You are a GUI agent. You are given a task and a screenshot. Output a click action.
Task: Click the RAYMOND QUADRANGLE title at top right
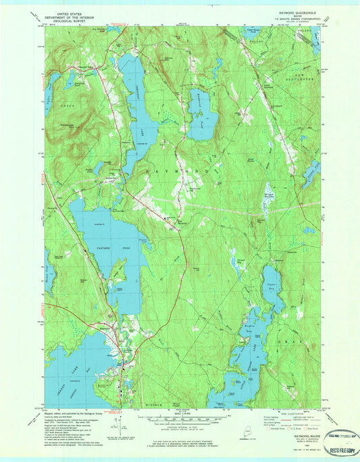pos(282,11)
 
